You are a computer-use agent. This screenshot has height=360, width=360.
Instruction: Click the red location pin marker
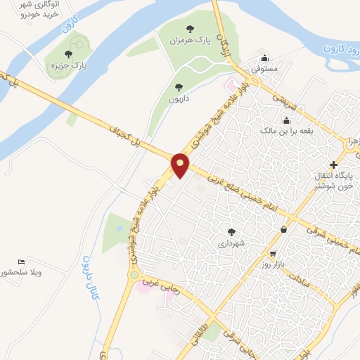[181, 165]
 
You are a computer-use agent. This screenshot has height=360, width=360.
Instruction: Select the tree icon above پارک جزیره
[68, 53]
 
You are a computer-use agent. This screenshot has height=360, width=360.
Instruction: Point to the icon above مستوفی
[264, 58]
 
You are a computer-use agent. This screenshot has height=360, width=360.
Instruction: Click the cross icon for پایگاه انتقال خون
[333, 165]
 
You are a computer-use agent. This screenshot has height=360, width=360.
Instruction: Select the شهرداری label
[231, 243]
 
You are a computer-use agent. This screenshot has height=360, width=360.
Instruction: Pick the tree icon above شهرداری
[231, 231]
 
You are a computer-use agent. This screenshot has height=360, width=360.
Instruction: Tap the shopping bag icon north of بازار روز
[283, 229]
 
